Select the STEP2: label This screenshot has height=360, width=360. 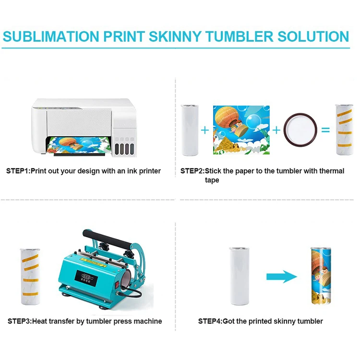coord(192,171)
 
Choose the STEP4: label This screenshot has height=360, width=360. coord(210,321)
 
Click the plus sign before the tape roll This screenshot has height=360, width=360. coord(276,129)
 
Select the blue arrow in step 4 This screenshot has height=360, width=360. coord(282,277)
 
